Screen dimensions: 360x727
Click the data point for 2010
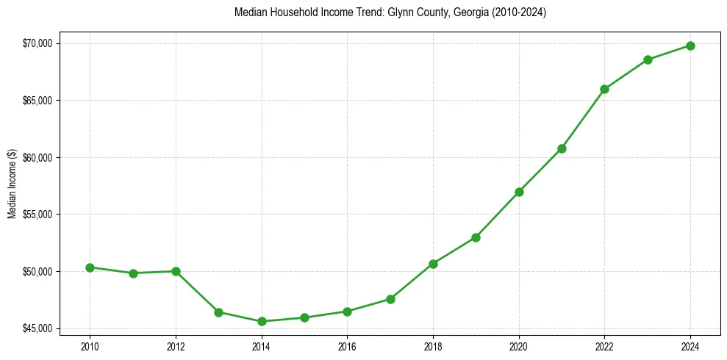coord(90,267)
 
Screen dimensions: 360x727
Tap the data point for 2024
coord(691,46)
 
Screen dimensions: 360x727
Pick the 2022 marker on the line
coord(605,89)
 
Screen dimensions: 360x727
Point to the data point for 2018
coord(433,264)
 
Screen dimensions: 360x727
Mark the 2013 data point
coord(218,312)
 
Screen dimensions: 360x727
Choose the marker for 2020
coord(519,192)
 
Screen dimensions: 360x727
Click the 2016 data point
coord(348,312)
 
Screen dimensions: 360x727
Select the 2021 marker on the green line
coord(562,148)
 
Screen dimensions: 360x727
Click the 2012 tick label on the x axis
coord(176,345)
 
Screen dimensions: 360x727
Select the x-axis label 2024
coord(691,345)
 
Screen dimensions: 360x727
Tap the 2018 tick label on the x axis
coord(433,345)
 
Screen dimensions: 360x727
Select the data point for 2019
coord(476,237)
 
